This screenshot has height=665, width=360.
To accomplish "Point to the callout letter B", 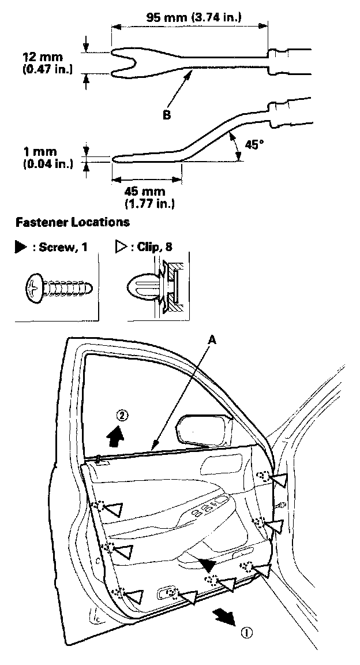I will [x=166, y=115].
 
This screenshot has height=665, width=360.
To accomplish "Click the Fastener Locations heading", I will [x=73, y=222].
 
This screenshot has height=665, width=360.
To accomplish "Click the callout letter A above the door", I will [x=212, y=341].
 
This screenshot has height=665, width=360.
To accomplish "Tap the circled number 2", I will [x=121, y=415].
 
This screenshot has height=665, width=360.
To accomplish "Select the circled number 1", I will [x=247, y=632].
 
